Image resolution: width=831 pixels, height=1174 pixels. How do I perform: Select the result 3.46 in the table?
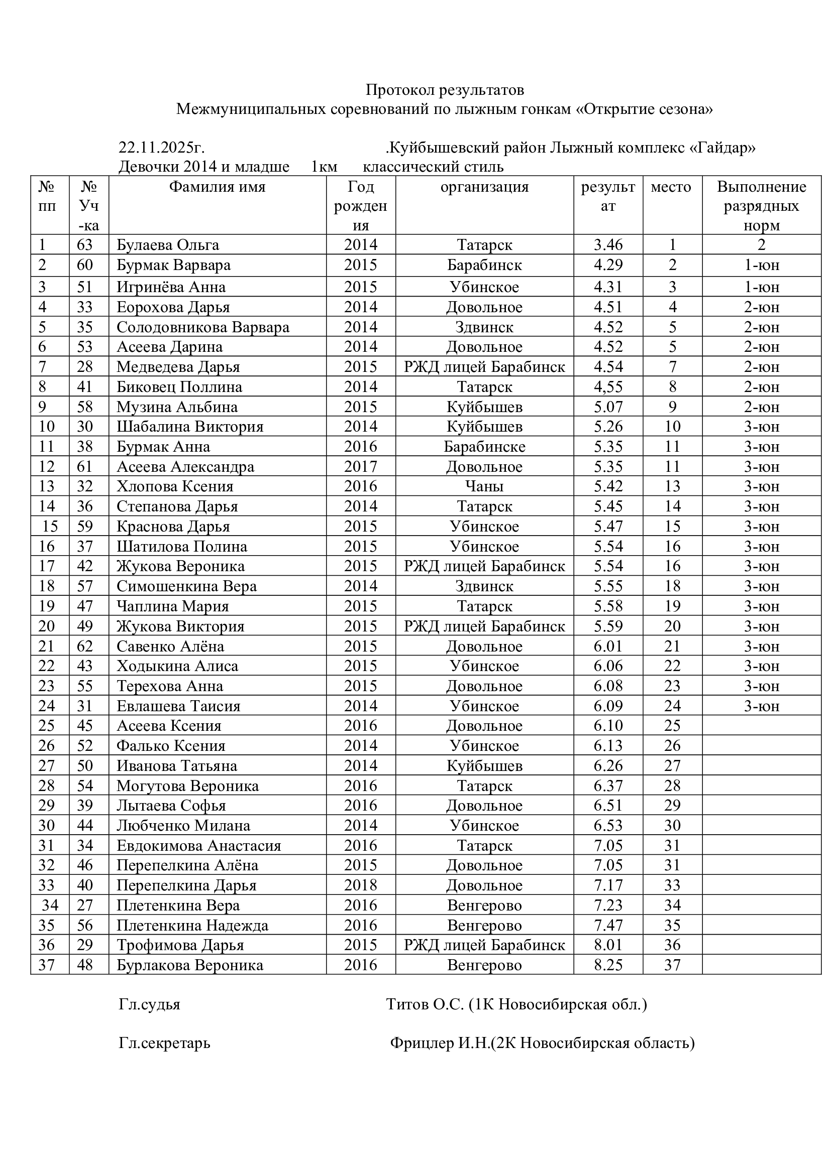tap(608, 245)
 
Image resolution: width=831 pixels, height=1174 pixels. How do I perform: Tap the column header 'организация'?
tap(484, 187)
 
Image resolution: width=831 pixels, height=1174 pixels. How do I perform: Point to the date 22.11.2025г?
tap(161, 148)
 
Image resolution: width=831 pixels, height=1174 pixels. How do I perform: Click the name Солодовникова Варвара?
tap(202, 327)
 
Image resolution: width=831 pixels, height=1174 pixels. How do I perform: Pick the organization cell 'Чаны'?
tap(484, 486)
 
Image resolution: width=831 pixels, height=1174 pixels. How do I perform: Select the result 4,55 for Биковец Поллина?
tap(608, 387)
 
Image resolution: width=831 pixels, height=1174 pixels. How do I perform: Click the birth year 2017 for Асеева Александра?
tap(360, 466)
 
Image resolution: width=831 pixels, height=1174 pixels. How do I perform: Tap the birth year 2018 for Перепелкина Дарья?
tap(360, 885)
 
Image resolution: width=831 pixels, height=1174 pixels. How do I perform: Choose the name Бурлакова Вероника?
tap(189, 965)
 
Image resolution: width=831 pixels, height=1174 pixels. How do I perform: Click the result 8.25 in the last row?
tap(608, 965)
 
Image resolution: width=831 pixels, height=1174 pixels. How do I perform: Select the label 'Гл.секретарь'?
tap(164, 1042)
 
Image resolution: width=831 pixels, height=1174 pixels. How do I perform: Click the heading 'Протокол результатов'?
tap(444, 90)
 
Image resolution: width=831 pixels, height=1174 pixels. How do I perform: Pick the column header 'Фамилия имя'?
tap(217, 187)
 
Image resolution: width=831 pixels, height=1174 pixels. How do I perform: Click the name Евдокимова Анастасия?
tap(198, 845)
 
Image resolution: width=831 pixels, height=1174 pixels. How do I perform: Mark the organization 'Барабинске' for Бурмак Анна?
tap(484, 446)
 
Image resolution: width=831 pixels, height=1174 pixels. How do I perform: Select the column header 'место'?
tap(671, 187)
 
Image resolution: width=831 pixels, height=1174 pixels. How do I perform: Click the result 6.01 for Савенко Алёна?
tap(608, 646)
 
